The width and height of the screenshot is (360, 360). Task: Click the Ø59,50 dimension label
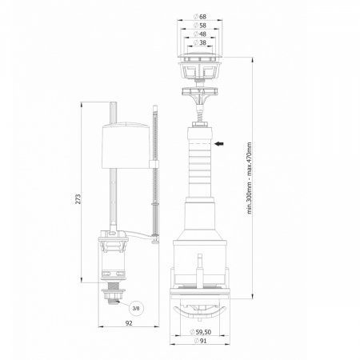coord(203,332)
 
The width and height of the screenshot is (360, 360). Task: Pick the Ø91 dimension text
coord(203,342)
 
